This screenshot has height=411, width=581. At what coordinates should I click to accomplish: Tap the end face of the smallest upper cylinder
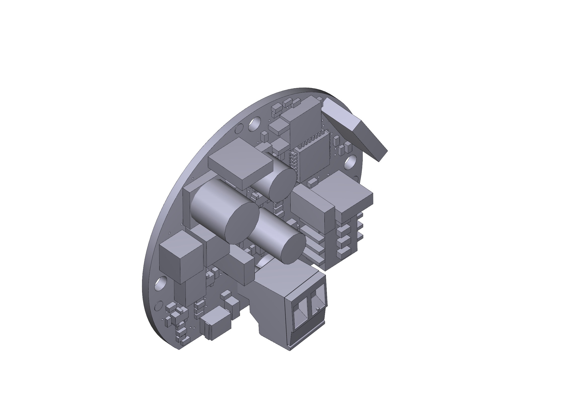click(282, 185)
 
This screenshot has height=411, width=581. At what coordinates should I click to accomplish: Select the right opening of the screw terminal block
click(318, 302)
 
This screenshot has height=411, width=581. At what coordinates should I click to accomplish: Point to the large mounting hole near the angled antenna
click(350, 162)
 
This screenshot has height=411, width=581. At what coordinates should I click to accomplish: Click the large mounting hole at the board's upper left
click(255, 124)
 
